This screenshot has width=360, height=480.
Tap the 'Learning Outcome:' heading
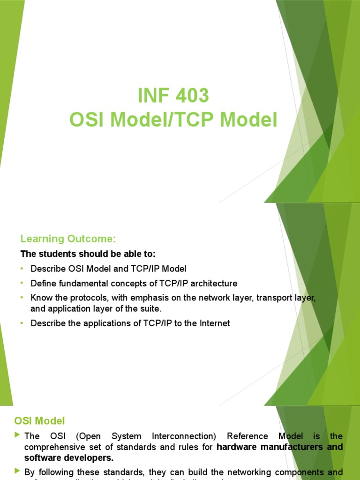(x=67, y=239)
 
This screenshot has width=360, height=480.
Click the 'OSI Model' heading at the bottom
(x=39, y=421)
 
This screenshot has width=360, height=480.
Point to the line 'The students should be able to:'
(x=88, y=254)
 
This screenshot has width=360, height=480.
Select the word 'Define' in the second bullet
(x=43, y=283)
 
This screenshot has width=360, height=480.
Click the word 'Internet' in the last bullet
(x=215, y=323)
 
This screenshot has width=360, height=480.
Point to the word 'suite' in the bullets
(x=151, y=309)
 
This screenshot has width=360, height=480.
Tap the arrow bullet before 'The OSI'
(x=18, y=435)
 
